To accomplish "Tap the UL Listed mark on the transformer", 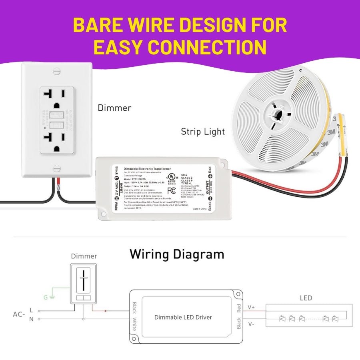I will (x=172, y=177).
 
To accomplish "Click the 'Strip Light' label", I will (x=202, y=131).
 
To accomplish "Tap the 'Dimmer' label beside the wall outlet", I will (x=114, y=108).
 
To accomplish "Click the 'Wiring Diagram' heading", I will (x=177, y=254).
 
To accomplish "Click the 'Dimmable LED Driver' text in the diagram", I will (x=183, y=317).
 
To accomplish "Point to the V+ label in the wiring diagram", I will (x=251, y=307).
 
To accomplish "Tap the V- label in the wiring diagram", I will (x=251, y=324).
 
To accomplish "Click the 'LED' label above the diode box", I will (x=306, y=298).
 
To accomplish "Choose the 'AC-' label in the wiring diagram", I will (x=18, y=314).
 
